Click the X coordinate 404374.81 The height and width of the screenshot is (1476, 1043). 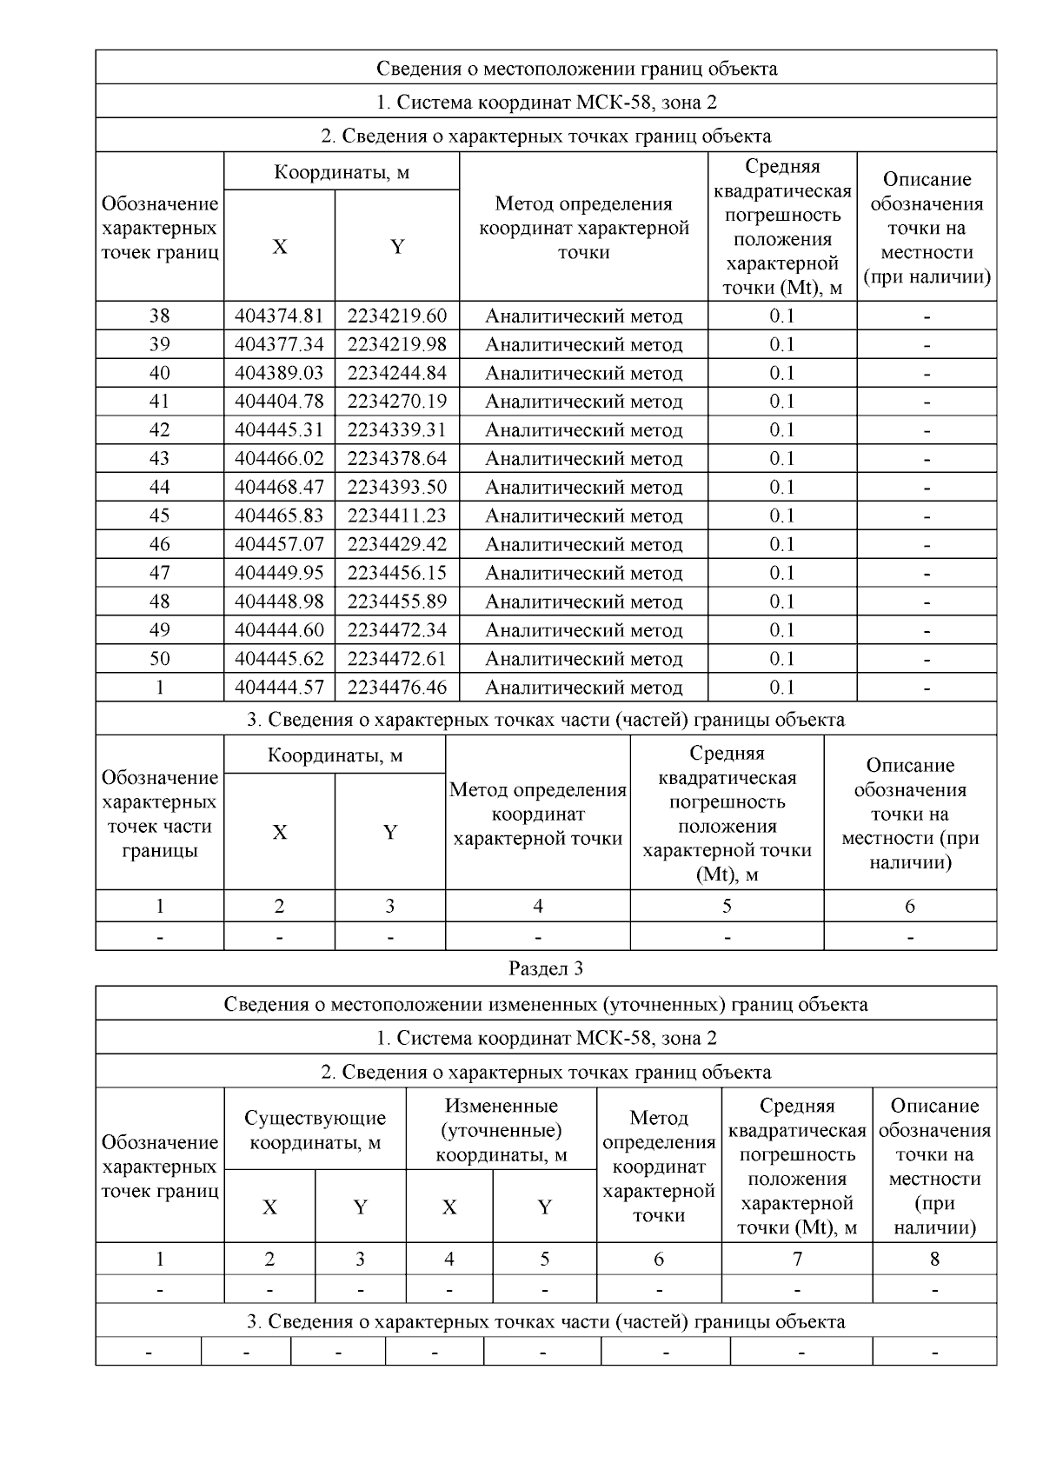[x=279, y=316]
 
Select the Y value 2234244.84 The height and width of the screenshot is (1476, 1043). [x=397, y=373]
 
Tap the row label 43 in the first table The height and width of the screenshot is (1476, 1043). [x=159, y=458]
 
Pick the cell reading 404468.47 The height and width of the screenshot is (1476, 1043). [x=279, y=487]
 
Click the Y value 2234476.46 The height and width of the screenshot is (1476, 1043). [x=397, y=688]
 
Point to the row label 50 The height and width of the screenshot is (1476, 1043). [x=159, y=659]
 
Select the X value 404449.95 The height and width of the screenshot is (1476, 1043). [x=279, y=573]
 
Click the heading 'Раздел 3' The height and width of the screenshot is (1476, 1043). [x=545, y=968]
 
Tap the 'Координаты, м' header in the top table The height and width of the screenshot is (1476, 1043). [x=341, y=172]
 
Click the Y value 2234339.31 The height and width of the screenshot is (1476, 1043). [x=397, y=430]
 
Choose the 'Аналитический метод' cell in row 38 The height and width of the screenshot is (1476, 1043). [x=583, y=316]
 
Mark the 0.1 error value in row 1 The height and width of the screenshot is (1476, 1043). [x=781, y=688]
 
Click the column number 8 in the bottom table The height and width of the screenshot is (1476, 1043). [x=934, y=1259]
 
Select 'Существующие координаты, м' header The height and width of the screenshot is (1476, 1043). [x=315, y=1129]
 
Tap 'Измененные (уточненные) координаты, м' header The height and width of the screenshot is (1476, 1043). [x=501, y=1129]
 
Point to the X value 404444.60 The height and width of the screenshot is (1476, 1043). [x=279, y=630]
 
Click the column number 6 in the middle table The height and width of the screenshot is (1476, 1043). [x=909, y=906]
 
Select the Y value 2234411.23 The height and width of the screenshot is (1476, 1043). [x=397, y=515]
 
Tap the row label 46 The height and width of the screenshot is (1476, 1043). [x=159, y=544]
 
